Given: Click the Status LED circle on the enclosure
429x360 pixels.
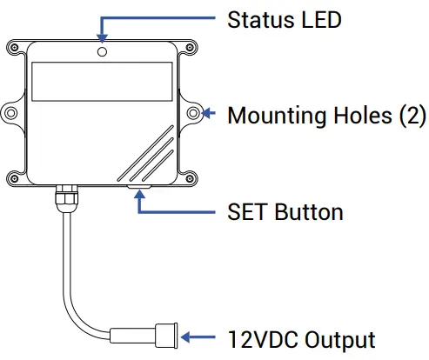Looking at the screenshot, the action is [102, 52].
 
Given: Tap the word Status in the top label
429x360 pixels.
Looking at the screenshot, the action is [261, 20].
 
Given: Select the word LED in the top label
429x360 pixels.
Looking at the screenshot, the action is [321, 20].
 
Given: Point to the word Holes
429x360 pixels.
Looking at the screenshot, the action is [363, 116].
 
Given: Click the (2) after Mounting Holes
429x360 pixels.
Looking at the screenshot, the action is [412, 116].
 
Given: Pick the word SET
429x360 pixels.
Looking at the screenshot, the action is [247, 212].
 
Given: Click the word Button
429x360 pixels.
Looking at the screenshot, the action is [309, 212].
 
